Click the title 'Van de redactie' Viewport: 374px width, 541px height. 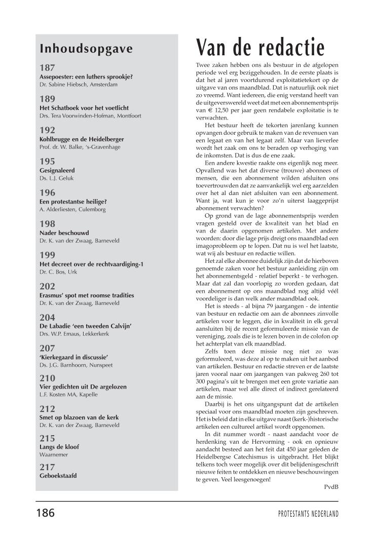260,47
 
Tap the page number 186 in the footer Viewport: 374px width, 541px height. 45,513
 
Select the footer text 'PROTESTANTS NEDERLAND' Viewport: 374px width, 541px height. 308,514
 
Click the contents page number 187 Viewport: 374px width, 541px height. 47,67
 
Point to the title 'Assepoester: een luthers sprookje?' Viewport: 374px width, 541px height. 86,76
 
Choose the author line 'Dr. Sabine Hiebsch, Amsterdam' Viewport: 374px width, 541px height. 78,85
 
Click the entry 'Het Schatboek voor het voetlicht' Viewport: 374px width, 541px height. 85,108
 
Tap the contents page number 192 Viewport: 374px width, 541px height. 47,130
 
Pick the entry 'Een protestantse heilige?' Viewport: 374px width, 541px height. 73,202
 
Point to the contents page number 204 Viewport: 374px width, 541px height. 47,317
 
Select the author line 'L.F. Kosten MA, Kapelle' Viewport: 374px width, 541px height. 68,395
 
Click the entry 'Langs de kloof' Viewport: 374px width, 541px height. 59,447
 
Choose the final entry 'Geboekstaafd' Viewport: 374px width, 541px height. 59,476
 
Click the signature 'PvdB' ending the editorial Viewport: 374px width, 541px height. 331,487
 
